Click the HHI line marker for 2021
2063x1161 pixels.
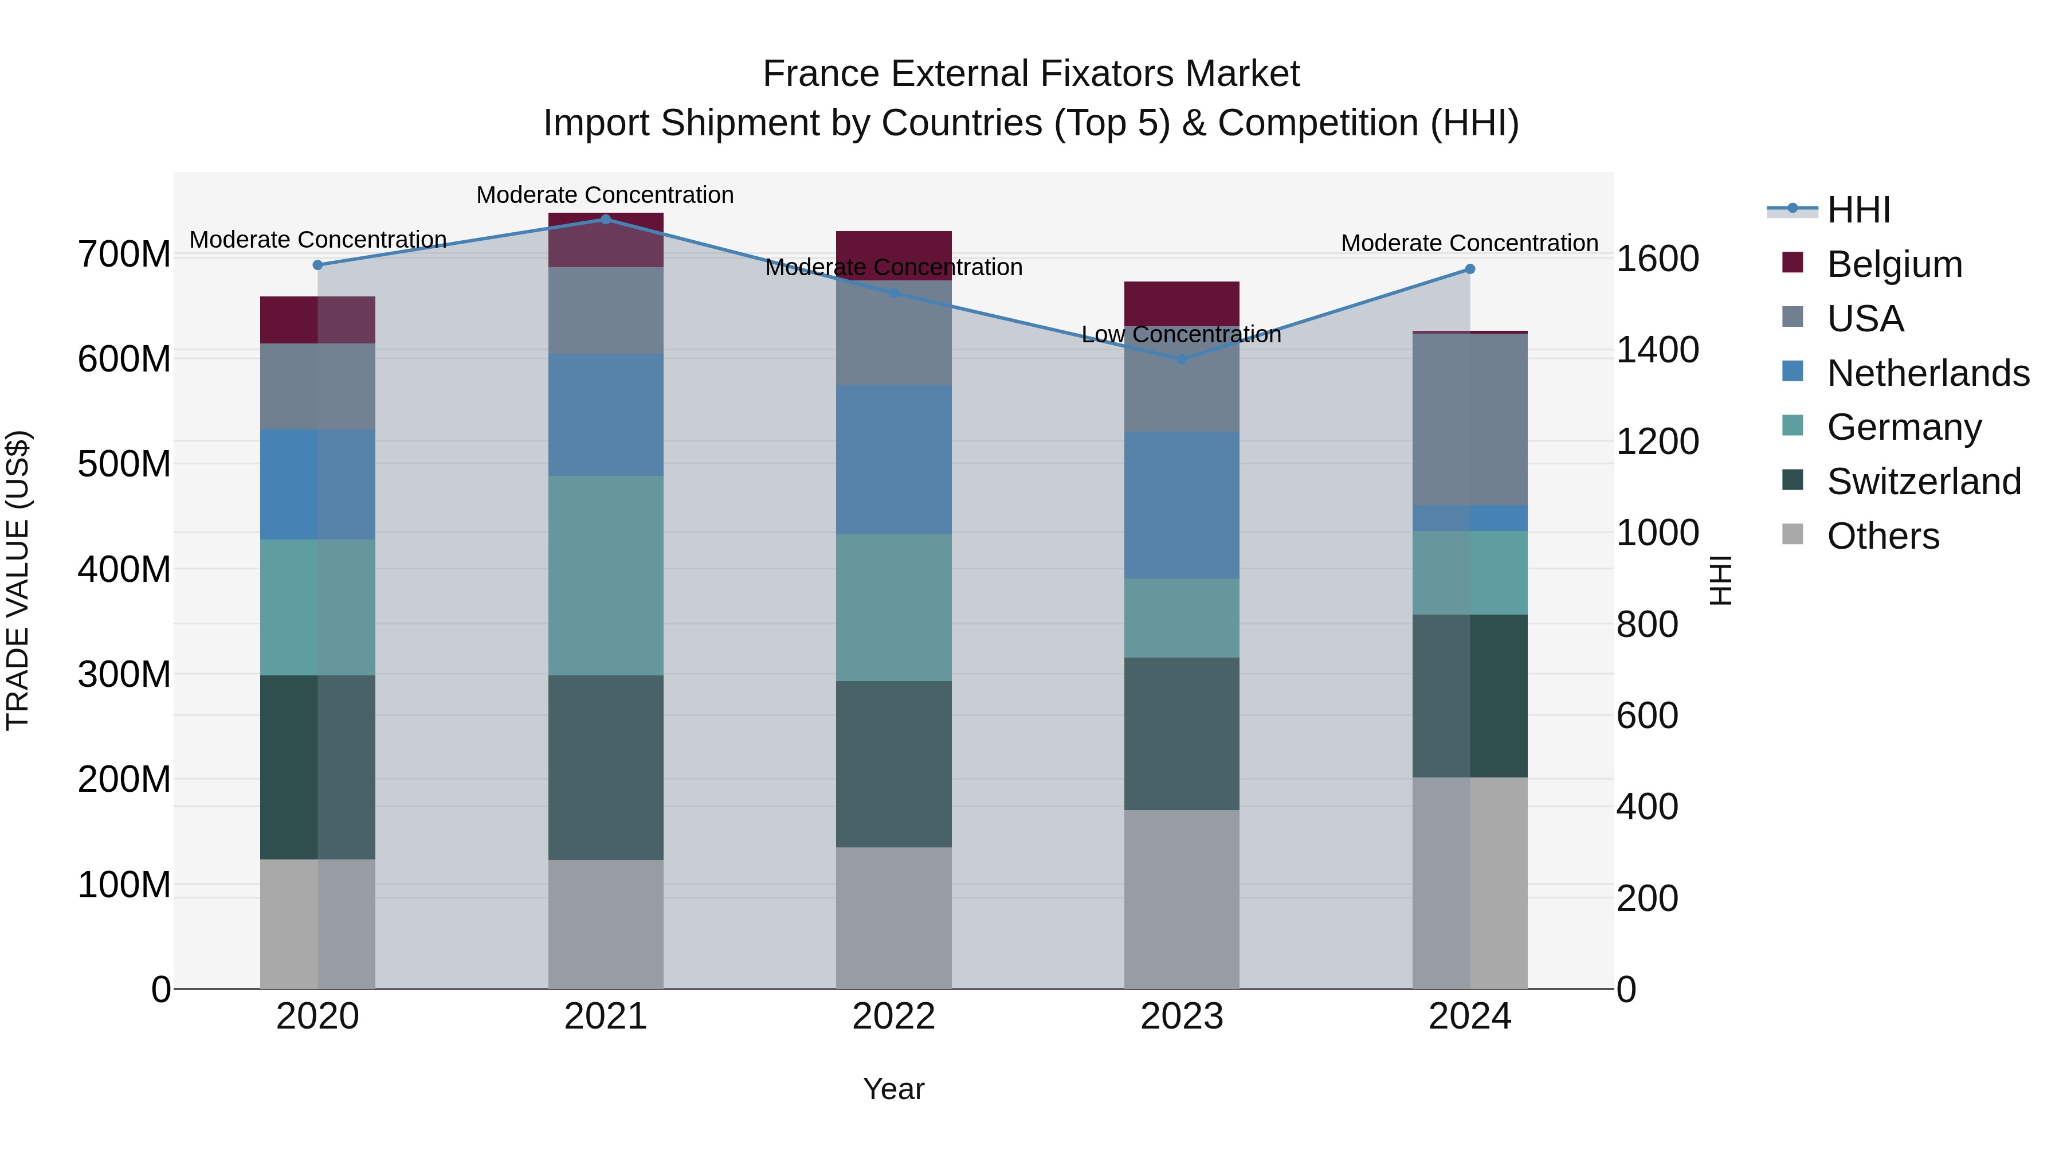(x=606, y=220)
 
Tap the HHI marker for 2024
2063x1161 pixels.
(x=1469, y=269)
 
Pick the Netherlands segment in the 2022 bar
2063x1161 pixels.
(x=894, y=459)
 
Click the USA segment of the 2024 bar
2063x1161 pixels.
(x=1469, y=419)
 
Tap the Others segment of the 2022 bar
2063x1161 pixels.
(x=894, y=917)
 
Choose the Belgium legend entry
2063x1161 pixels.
(x=1894, y=264)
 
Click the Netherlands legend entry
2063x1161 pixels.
(x=1928, y=373)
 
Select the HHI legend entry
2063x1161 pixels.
(x=1858, y=210)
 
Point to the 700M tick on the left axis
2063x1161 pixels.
(x=124, y=255)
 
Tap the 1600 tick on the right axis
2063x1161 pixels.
(x=1657, y=259)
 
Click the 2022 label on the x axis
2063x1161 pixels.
(x=894, y=1017)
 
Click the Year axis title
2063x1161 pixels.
(x=894, y=1089)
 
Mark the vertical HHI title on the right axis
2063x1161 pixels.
(x=1721, y=580)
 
